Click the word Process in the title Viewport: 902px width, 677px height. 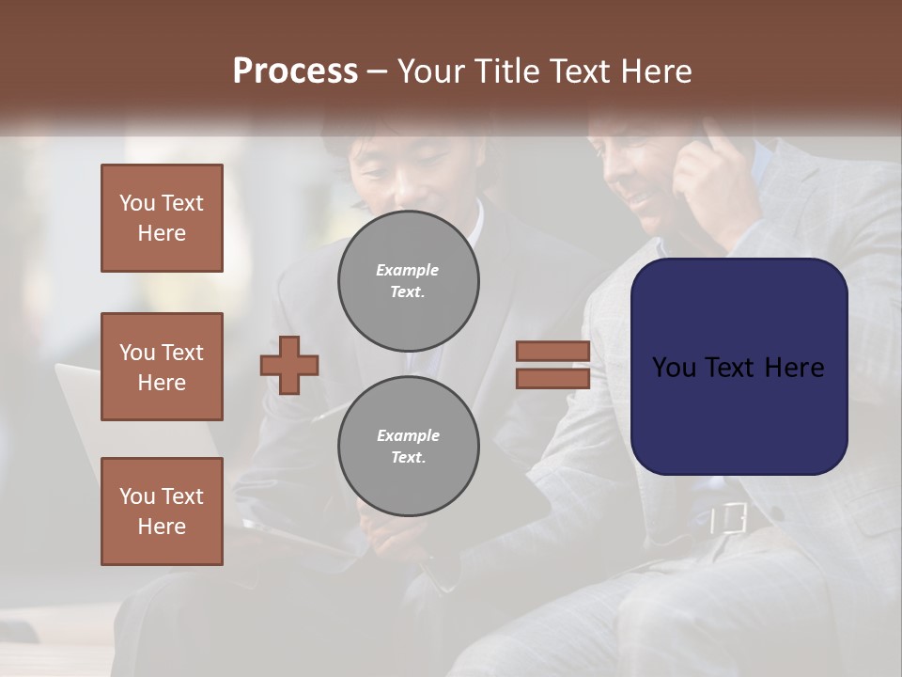tap(295, 71)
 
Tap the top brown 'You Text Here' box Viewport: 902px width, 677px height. tap(162, 218)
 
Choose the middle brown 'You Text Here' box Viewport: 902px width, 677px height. tap(162, 367)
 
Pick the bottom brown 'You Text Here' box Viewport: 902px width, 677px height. tap(162, 512)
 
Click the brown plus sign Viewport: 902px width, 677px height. tap(289, 365)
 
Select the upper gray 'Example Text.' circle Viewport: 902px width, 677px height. tap(409, 281)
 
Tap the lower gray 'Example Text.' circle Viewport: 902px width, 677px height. tap(409, 447)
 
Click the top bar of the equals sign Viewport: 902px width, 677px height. tap(552, 352)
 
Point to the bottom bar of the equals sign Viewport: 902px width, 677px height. tap(552, 378)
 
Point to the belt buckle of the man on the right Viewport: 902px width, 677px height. tap(728, 518)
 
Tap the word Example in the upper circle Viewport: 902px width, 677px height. tap(407, 271)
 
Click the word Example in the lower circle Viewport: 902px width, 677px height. tap(408, 436)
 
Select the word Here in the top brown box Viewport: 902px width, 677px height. tap(162, 233)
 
